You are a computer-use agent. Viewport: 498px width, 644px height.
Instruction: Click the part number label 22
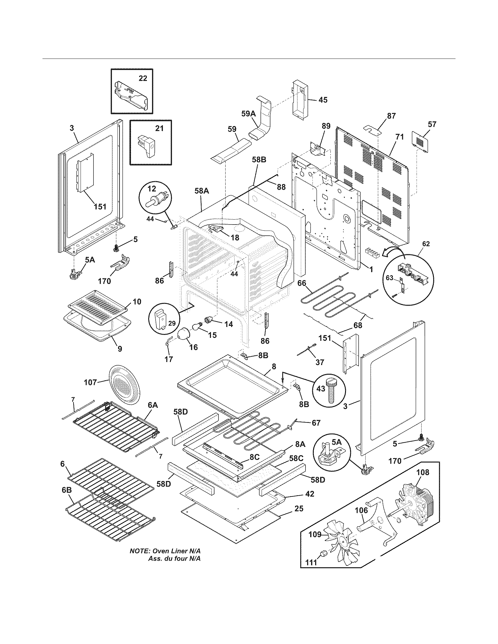(x=143, y=78)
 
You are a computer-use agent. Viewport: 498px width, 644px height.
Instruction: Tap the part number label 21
(x=159, y=129)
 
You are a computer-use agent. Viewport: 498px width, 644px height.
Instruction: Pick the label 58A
(x=202, y=191)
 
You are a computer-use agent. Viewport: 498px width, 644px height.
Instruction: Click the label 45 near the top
(x=323, y=100)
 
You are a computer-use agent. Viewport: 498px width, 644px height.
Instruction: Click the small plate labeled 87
(x=373, y=129)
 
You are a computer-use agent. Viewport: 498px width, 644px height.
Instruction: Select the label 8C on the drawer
(x=254, y=457)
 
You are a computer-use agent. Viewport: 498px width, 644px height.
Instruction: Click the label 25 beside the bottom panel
(x=299, y=509)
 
